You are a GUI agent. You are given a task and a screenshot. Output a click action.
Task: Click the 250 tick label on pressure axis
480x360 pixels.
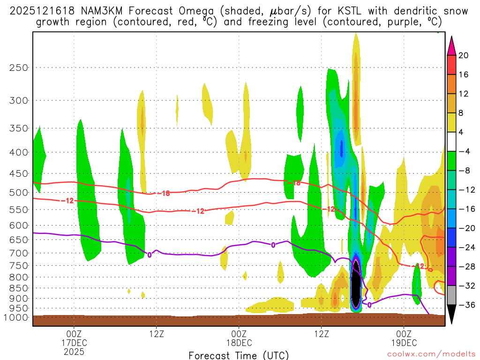(x=19, y=67)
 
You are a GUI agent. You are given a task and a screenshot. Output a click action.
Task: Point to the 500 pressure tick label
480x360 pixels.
(x=19, y=192)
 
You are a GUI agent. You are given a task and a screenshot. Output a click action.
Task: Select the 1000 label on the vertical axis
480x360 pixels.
(x=17, y=318)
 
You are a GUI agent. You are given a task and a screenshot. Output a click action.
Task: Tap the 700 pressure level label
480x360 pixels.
(x=19, y=253)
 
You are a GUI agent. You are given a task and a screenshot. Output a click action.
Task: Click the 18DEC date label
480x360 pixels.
(x=239, y=342)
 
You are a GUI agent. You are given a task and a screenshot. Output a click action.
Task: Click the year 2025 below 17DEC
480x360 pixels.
(x=74, y=351)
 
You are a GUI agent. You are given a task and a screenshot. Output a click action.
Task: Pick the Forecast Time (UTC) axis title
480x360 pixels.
(x=239, y=355)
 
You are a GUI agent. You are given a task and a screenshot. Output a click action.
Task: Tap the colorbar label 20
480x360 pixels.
(x=463, y=55)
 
